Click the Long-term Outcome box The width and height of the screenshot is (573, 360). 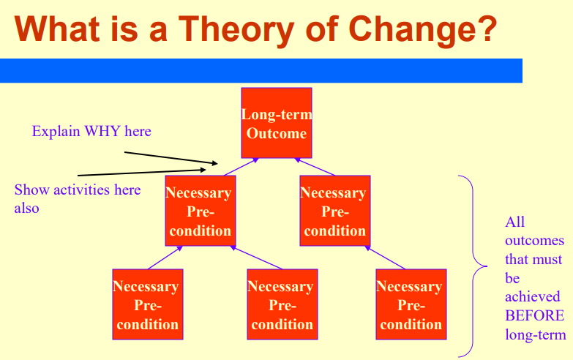[x=276, y=123]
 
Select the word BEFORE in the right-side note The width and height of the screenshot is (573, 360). [x=534, y=316]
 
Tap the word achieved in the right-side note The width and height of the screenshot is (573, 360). [x=532, y=297]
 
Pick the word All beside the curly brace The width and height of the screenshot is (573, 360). [x=514, y=222]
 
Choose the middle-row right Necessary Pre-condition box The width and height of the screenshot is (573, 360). [x=333, y=211]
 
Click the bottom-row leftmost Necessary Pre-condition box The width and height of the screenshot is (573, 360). [x=147, y=304]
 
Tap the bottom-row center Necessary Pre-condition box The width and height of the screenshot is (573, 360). [x=280, y=304]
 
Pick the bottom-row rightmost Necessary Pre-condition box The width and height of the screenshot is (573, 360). [x=411, y=304]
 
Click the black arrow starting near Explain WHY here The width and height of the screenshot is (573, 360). [x=168, y=158]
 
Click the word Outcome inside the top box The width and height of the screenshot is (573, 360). [x=276, y=133]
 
